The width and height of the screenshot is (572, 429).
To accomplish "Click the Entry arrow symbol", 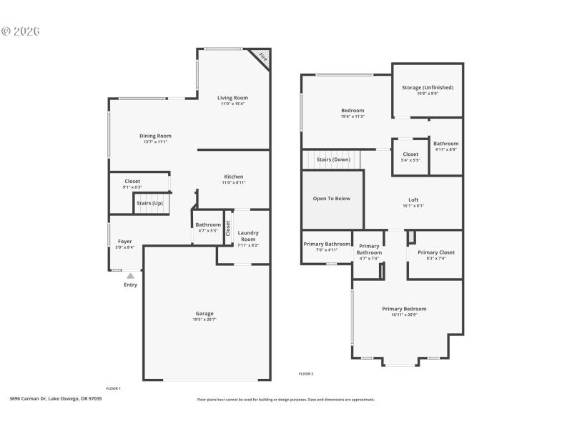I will [130, 275].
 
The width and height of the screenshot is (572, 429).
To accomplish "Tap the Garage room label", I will [204, 313].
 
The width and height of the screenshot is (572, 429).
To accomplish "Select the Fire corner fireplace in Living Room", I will [262, 56].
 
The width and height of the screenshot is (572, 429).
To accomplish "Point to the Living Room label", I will [232, 98].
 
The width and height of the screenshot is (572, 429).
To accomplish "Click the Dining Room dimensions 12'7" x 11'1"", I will [155, 142].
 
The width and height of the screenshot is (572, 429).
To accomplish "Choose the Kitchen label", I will [234, 177].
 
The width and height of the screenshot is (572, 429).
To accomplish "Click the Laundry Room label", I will [248, 236].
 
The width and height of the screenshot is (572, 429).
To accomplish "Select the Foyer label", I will [124, 242].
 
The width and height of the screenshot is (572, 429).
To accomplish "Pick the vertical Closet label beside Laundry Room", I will [228, 228].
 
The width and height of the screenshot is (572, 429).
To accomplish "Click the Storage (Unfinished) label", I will [428, 87].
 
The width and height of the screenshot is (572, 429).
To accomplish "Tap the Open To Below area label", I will [332, 198].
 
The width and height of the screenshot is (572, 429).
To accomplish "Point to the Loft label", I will [413, 199].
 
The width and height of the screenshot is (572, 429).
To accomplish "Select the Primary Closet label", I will [436, 252].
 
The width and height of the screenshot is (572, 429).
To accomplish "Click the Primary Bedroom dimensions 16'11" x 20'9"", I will [404, 315].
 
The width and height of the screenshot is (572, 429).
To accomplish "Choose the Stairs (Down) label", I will [333, 159].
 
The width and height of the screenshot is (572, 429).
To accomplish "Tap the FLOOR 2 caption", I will [305, 373].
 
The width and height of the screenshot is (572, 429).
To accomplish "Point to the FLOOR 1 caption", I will [113, 388].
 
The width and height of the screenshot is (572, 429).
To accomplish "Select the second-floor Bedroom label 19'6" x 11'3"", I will [352, 110].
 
